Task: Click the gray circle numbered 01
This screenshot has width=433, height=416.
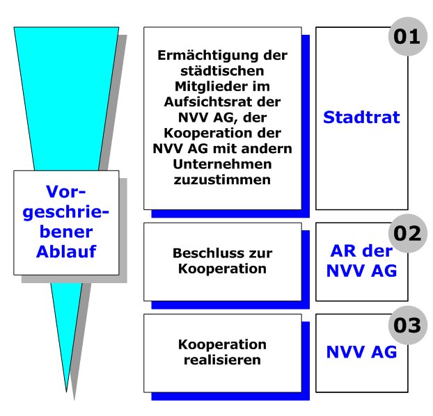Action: click(408, 36)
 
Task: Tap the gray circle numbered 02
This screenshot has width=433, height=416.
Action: click(408, 233)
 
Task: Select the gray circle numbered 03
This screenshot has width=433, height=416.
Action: click(408, 325)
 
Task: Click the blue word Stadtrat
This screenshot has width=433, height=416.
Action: click(361, 118)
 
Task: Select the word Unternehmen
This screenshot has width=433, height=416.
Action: click(222, 164)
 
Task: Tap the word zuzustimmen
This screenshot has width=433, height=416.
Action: click(222, 180)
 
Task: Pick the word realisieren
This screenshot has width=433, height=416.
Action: click(222, 360)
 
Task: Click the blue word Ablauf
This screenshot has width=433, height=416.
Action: click(66, 252)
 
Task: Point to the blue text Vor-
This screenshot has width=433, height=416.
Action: click(65, 191)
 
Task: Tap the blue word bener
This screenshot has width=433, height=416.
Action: click(66, 232)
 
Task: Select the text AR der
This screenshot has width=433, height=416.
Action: click(361, 251)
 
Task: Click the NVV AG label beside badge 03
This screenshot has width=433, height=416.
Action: click(361, 352)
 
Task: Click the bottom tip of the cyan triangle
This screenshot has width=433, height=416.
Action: click(66, 392)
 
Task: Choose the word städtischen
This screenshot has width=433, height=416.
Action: click(222, 71)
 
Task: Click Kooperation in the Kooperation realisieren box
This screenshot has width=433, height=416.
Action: click(222, 345)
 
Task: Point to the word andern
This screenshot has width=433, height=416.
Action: click(267, 149)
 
